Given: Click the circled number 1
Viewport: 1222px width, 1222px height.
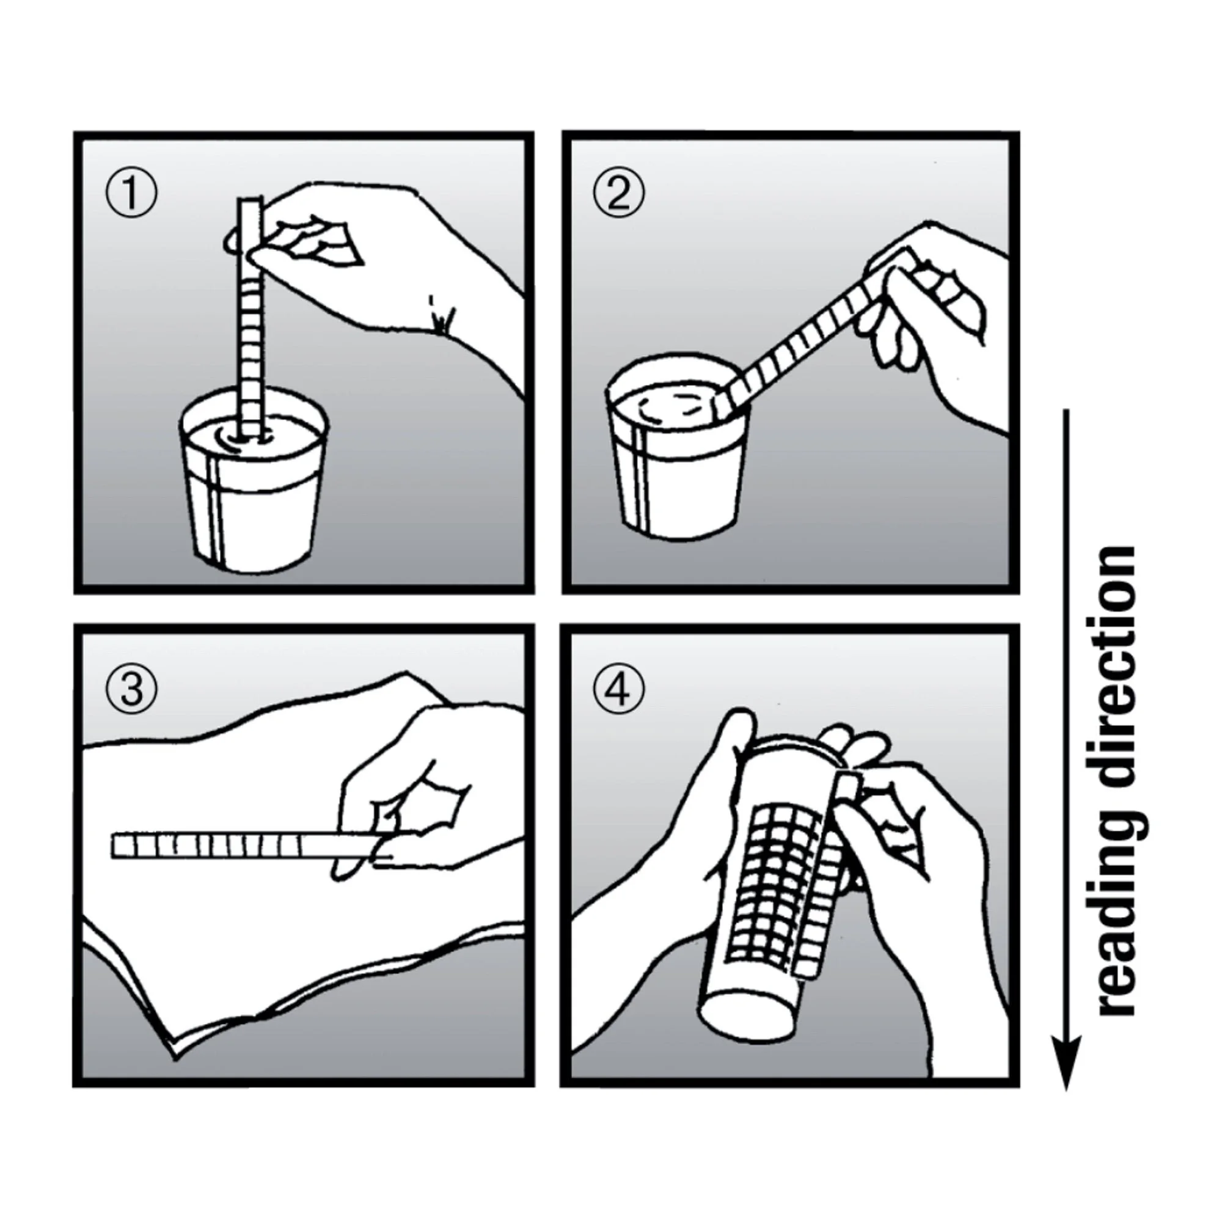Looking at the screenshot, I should (130, 194).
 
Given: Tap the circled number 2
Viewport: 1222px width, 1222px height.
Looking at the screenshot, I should (618, 194).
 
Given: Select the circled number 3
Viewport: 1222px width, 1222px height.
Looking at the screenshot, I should (131, 689).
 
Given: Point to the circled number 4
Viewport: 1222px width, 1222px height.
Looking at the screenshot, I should (618, 689).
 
